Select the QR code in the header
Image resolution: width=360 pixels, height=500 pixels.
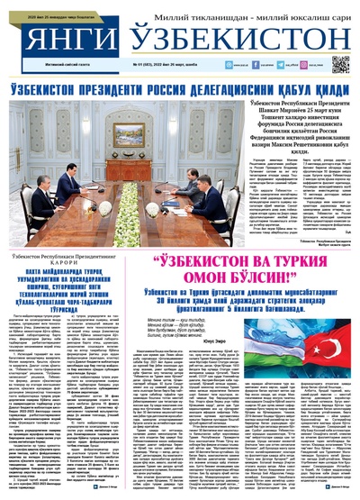339,64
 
